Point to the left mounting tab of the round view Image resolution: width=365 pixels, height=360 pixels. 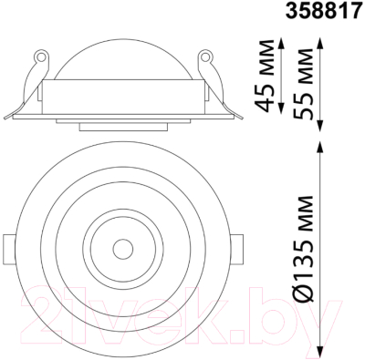(8, 246)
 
